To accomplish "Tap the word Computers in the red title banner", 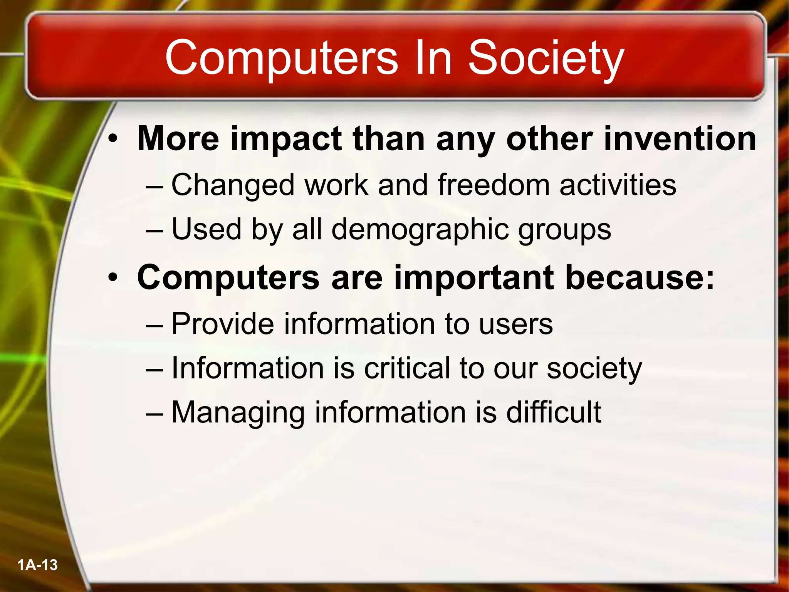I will (281, 58).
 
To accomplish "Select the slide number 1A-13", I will (37, 565).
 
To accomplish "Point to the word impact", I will (285, 140).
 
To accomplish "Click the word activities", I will (618, 185).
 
